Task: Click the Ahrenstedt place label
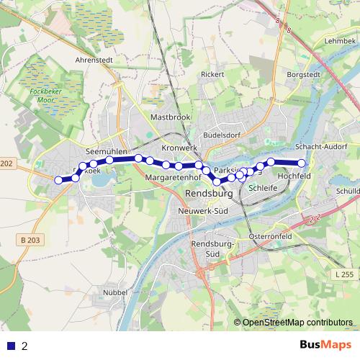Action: click(x=96, y=60)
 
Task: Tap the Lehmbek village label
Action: click(x=341, y=42)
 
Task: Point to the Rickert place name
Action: click(x=213, y=74)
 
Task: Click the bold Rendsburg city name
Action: click(x=210, y=194)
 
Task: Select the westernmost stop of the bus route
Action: click(x=59, y=180)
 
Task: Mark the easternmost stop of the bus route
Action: click(x=302, y=163)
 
